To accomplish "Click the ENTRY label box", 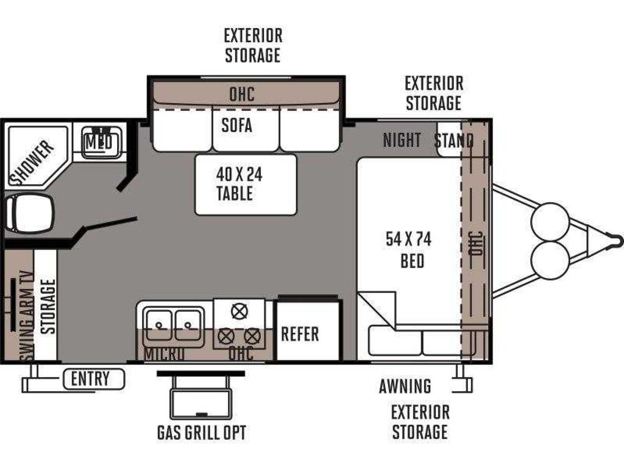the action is pyautogui.click(x=94, y=379).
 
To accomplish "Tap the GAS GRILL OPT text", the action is pyautogui.click(x=201, y=433).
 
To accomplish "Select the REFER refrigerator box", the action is pyautogui.click(x=308, y=331).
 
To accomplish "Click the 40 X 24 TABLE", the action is pyautogui.click(x=246, y=185).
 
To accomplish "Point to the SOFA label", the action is pyautogui.click(x=237, y=126).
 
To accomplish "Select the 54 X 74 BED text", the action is pyautogui.click(x=409, y=250).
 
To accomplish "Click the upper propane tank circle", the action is pyautogui.click(x=550, y=222).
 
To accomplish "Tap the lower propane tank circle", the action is pyautogui.click(x=550, y=260).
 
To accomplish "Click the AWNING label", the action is pyautogui.click(x=405, y=386).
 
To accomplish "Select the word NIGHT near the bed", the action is pyautogui.click(x=402, y=140).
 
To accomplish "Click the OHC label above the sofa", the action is pyautogui.click(x=241, y=94).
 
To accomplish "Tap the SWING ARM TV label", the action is pyautogui.click(x=27, y=317).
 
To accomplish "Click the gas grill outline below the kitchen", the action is pyautogui.click(x=201, y=403).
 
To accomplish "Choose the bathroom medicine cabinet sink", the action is pyautogui.click(x=99, y=141).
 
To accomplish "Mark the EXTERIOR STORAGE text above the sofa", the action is pyautogui.click(x=253, y=45).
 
